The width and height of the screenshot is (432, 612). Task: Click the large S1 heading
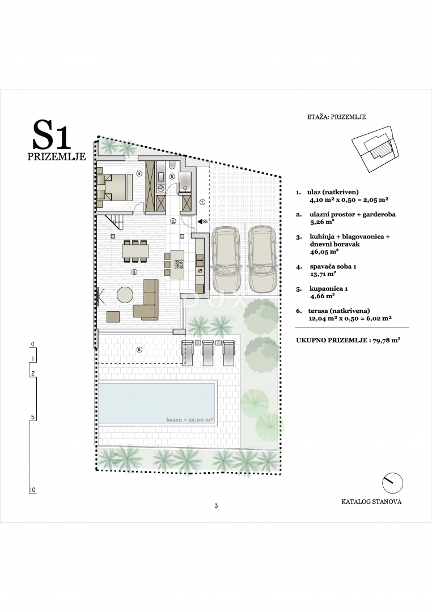coord(52,135)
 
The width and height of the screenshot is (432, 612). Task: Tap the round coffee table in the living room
coord(125,294)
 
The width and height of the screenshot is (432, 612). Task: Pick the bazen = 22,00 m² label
coord(189,420)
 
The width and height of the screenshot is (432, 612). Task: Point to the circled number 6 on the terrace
coord(139,350)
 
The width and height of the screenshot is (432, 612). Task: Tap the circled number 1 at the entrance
coord(204,201)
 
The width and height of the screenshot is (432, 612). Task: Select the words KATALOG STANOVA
coord(371,502)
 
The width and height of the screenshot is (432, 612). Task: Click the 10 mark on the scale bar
coord(33,489)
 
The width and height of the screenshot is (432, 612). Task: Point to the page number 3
coord(216,506)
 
